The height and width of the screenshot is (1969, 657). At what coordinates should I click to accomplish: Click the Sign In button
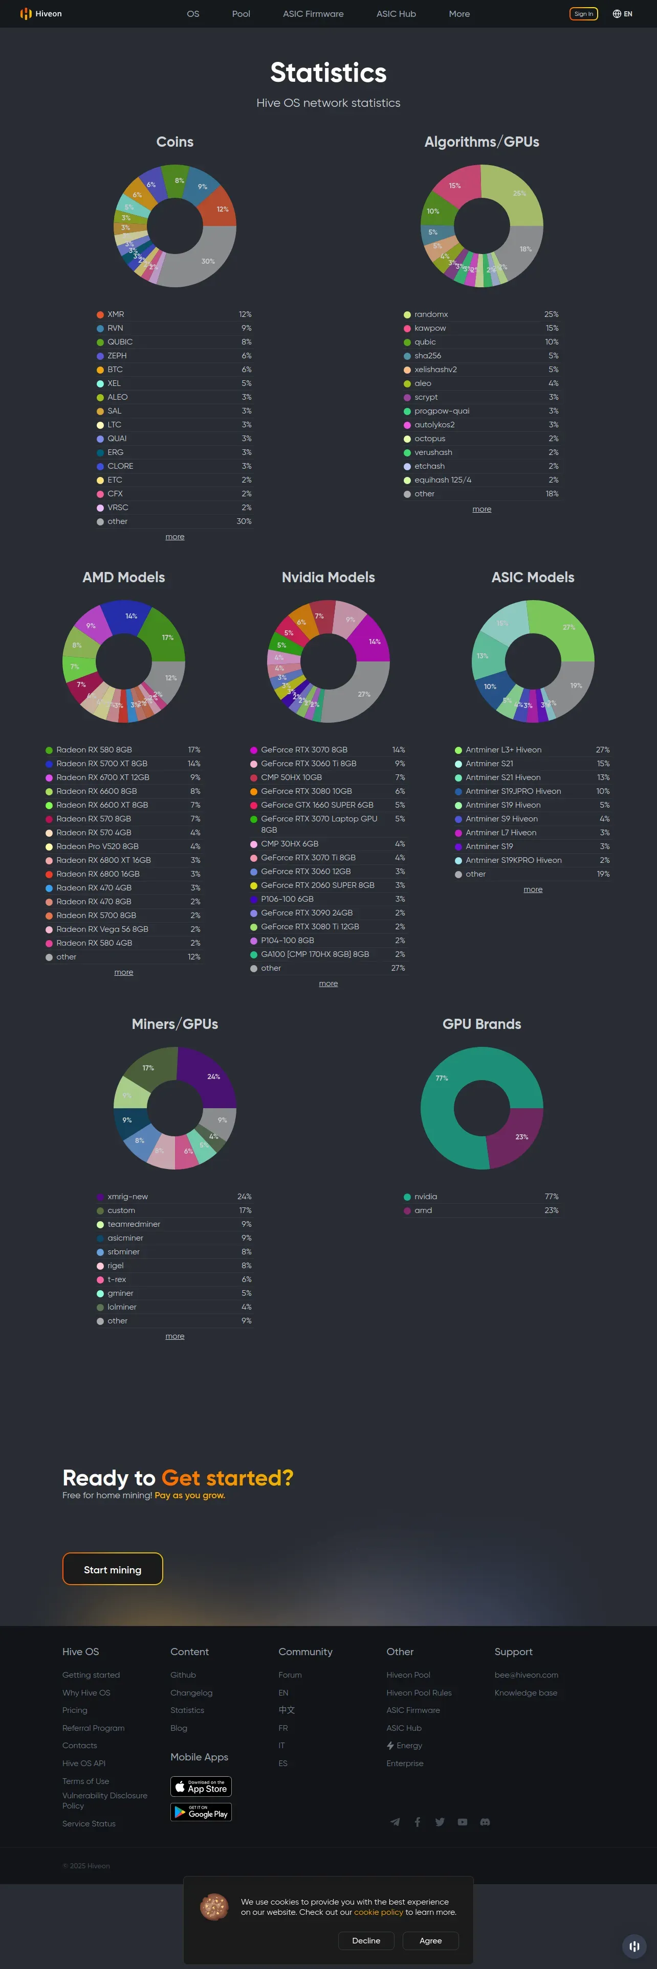(x=584, y=14)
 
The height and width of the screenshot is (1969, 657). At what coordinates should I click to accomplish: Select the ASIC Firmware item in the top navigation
(x=313, y=14)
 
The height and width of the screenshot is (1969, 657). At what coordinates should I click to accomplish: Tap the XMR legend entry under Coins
(x=116, y=314)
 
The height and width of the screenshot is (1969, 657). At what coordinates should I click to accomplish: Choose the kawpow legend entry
(x=430, y=328)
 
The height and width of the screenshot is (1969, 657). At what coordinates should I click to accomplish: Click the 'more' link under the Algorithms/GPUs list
(x=482, y=509)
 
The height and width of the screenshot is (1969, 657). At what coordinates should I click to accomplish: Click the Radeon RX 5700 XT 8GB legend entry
(x=102, y=764)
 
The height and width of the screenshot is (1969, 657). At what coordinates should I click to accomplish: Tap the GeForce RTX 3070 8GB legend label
(x=303, y=750)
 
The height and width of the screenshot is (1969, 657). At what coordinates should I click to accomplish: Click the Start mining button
(x=113, y=1569)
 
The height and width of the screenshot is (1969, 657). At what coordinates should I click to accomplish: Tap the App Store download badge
(x=201, y=1787)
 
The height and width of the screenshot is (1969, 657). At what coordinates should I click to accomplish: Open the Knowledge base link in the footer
(x=525, y=1692)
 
